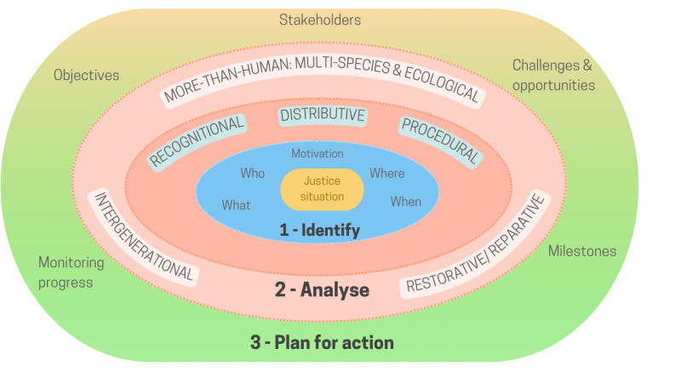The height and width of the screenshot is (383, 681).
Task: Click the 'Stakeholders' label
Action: [320, 20]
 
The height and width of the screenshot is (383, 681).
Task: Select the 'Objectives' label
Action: [87, 76]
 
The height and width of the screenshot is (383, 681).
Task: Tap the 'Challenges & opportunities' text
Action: [553, 75]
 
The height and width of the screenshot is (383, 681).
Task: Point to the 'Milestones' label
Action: [582, 251]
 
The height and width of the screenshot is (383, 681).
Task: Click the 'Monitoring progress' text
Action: [72, 272]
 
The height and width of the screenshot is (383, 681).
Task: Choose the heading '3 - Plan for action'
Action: [322, 342]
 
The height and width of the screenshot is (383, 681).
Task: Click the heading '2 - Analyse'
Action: [322, 289]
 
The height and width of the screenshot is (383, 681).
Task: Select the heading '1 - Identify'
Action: [320, 230]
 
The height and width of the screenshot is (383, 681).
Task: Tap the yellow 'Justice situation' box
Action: [322, 189]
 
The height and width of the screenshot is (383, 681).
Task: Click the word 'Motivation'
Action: [318, 153]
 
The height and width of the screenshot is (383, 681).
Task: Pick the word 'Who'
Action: [252, 174]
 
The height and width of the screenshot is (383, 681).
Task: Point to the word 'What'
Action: [236, 205]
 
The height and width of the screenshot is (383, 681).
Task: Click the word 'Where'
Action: [387, 174]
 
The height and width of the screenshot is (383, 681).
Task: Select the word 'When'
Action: [406, 202]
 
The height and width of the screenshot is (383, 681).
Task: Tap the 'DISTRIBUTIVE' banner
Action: [323, 115]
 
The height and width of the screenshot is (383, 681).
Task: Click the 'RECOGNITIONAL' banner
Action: [197, 141]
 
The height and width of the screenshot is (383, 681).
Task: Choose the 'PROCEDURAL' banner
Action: [440, 140]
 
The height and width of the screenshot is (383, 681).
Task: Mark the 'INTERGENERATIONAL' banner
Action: [143, 237]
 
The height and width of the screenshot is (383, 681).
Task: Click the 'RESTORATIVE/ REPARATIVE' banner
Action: [476, 244]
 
